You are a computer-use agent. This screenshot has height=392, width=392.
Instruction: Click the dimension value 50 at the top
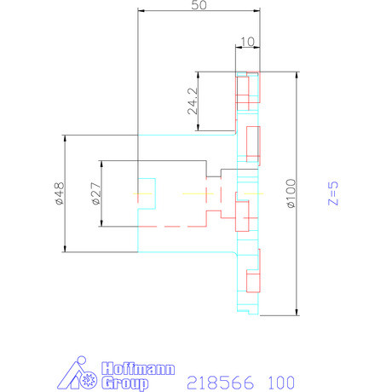[199, 5]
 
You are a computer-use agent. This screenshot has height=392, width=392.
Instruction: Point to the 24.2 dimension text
[192, 101]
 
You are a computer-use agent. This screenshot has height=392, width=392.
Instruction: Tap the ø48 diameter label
[58, 194]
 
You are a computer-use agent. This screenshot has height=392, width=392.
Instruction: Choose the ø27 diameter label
[95, 194]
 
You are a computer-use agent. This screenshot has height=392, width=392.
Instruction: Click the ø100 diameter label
[291, 193]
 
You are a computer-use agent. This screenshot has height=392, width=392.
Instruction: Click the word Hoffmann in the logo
[136, 368]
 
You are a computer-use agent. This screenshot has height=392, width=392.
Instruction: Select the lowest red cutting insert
[252, 281]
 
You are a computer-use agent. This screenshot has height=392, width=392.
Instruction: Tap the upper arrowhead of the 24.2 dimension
[198, 73]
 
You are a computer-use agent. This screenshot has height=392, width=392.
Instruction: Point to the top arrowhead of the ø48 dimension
[64, 137]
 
